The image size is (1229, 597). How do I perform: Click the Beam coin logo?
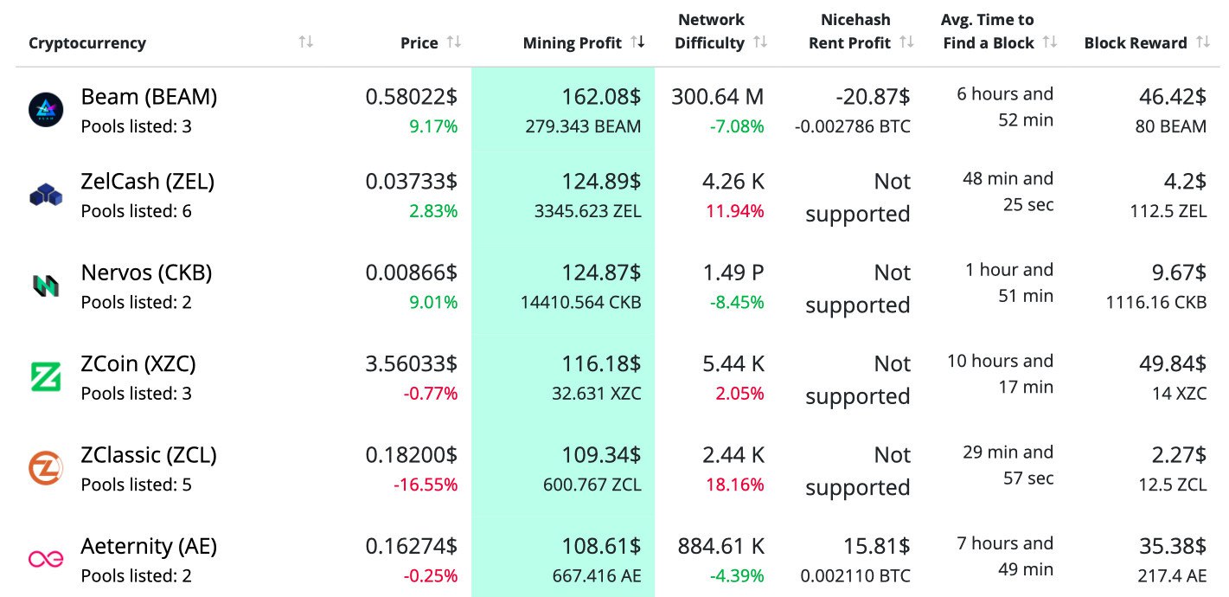click(x=46, y=110)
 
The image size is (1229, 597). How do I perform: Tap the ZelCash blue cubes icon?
click(x=46, y=196)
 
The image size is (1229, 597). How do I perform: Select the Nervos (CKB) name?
click(x=146, y=273)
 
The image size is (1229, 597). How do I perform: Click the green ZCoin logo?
click(x=46, y=377)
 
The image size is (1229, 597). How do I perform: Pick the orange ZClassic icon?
click(x=46, y=468)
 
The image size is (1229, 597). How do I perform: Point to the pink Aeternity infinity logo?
click(x=46, y=559)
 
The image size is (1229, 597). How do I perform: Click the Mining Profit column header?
click(x=572, y=43)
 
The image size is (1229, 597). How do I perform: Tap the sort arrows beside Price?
click(x=454, y=42)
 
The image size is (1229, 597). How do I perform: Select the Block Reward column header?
click(x=1135, y=43)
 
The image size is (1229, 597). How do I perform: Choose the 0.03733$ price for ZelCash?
click(x=411, y=182)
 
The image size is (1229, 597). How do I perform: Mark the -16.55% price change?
click(x=426, y=485)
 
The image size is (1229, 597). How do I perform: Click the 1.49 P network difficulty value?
click(x=733, y=273)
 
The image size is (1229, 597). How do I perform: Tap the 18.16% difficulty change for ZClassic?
click(x=735, y=485)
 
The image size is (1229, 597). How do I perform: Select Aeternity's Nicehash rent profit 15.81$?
click(x=877, y=546)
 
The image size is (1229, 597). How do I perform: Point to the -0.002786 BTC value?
click(x=852, y=127)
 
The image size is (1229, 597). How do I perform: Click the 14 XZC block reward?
click(x=1179, y=394)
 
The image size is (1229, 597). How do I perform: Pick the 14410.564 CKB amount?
click(x=580, y=303)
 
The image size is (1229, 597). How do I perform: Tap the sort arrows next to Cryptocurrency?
click(x=305, y=42)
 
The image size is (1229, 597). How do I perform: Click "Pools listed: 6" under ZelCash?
click(x=136, y=212)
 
